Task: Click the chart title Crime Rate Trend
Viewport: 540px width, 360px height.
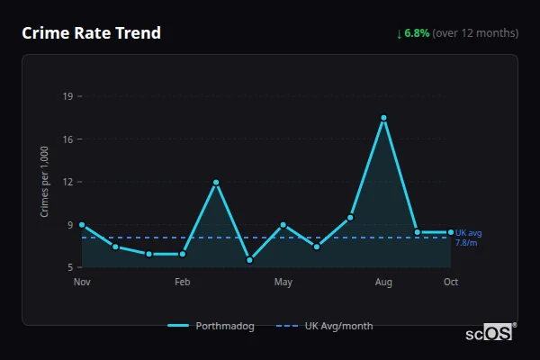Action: click(91, 33)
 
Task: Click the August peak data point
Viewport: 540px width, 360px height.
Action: click(383, 118)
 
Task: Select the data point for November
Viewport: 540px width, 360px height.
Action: click(82, 224)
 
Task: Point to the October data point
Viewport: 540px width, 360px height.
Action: click(451, 232)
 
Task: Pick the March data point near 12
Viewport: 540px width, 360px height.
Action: click(216, 182)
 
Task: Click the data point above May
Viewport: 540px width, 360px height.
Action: click(283, 224)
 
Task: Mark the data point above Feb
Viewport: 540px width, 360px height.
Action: click(183, 254)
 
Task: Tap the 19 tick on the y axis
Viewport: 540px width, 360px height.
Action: click(67, 96)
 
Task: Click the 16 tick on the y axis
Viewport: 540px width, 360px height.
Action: click(67, 139)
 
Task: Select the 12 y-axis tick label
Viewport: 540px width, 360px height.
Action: click(67, 182)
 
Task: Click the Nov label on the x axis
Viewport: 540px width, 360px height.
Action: click(82, 283)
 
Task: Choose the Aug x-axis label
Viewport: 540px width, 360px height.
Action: click(383, 283)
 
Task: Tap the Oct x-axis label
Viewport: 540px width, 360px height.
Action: click(451, 283)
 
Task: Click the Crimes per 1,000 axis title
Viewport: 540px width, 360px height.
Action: click(45, 182)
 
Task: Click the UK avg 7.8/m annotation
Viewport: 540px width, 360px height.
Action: click(468, 238)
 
